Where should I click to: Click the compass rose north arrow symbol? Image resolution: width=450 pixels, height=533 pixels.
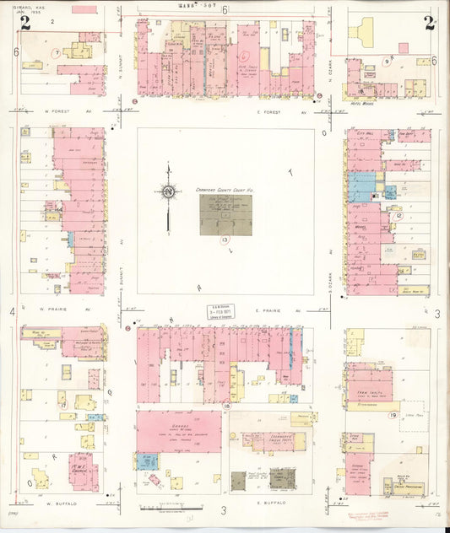(168, 192)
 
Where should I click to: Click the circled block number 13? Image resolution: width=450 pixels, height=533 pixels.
(225, 240)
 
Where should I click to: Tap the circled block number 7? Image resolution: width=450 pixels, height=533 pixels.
(56, 53)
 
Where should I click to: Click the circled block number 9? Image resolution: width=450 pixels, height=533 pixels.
(387, 61)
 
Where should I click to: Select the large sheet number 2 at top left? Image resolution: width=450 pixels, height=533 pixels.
(25, 23)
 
